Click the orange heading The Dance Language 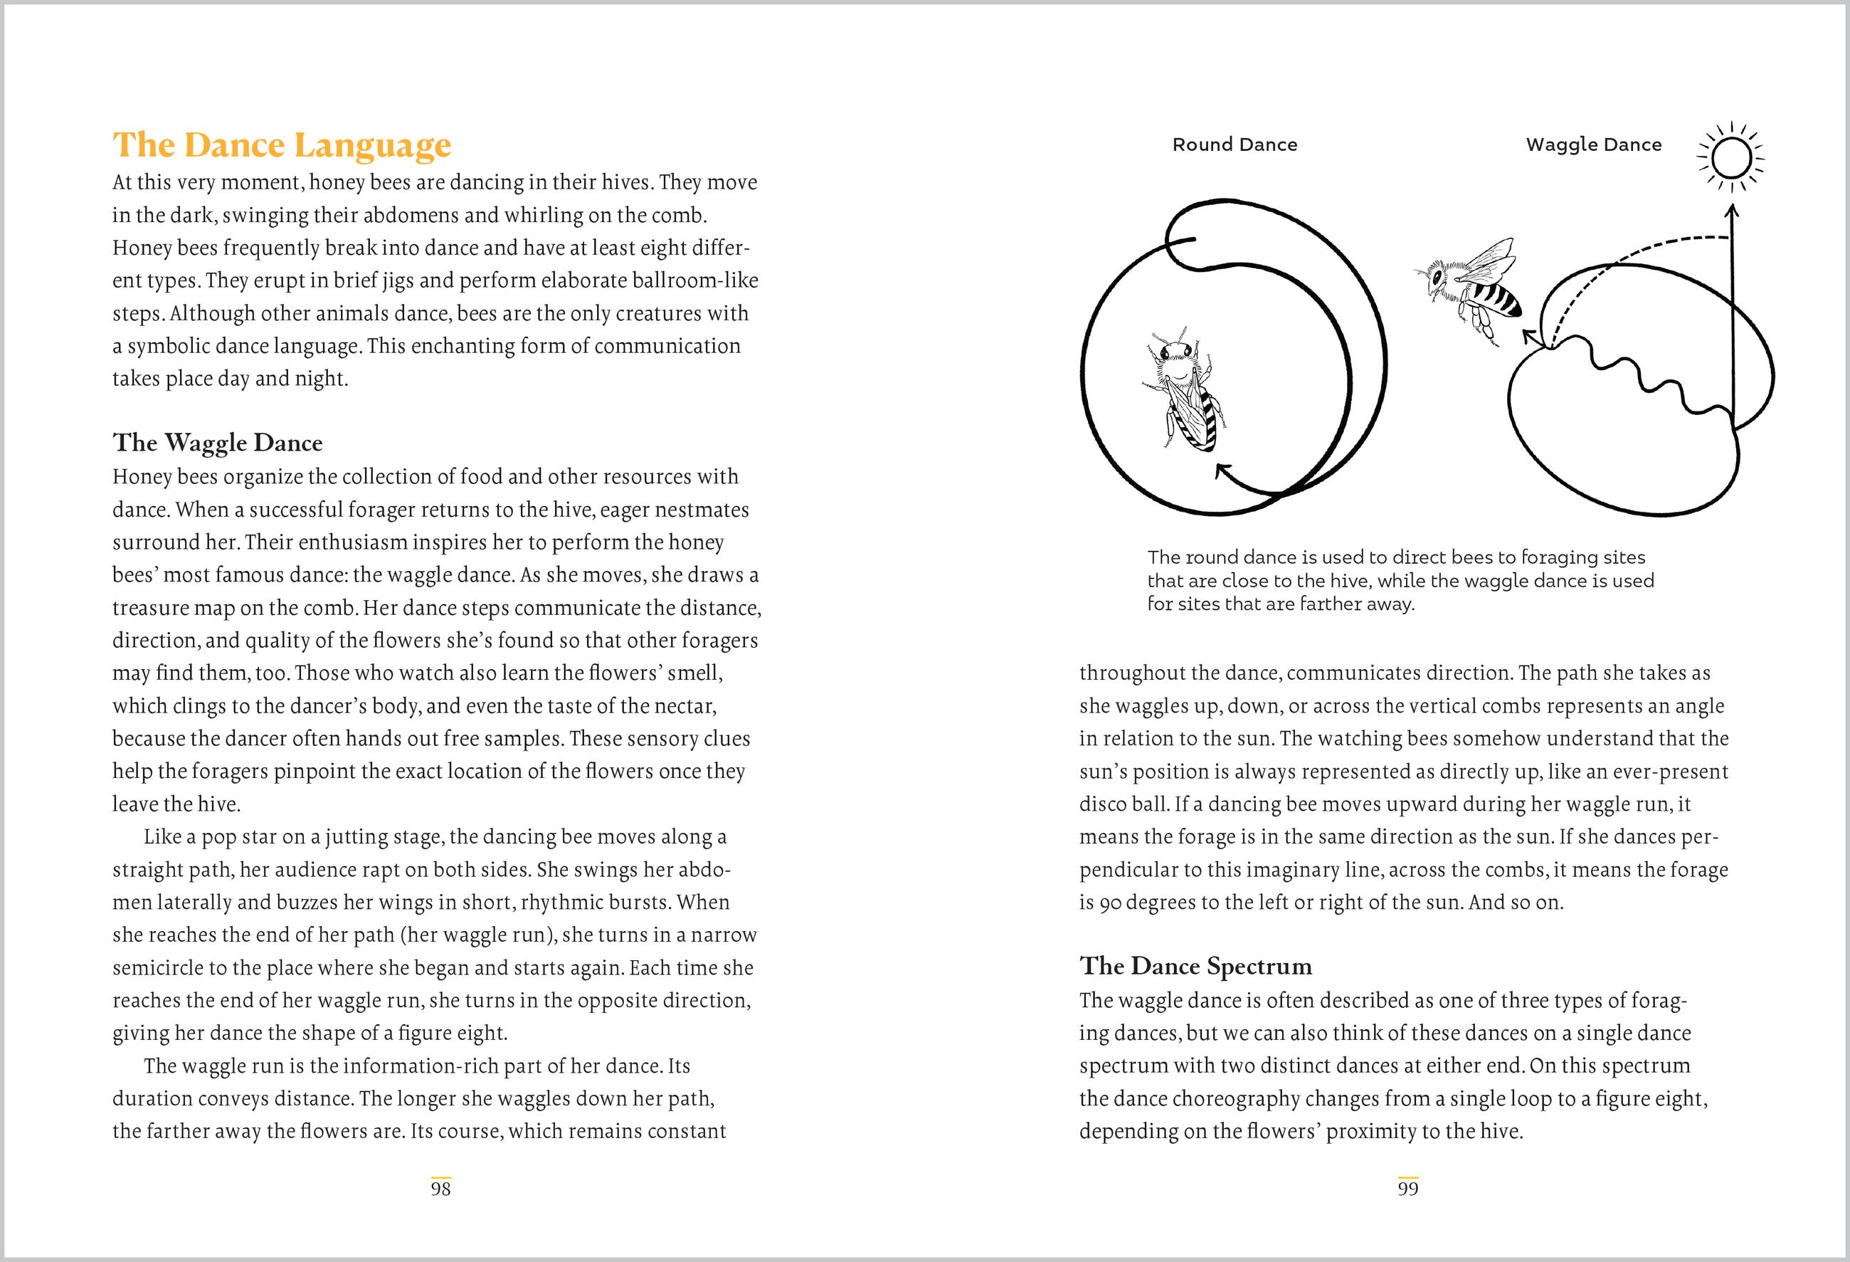point(282,145)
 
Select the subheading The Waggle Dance point(217,443)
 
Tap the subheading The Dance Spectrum point(1195,966)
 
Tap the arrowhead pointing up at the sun point(1732,211)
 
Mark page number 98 point(440,1189)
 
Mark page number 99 point(1407,1189)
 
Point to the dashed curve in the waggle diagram point(1624,255)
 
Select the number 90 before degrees point(1111,903)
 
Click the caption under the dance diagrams point(1400,580)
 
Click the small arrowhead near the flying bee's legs point(1529,336)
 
